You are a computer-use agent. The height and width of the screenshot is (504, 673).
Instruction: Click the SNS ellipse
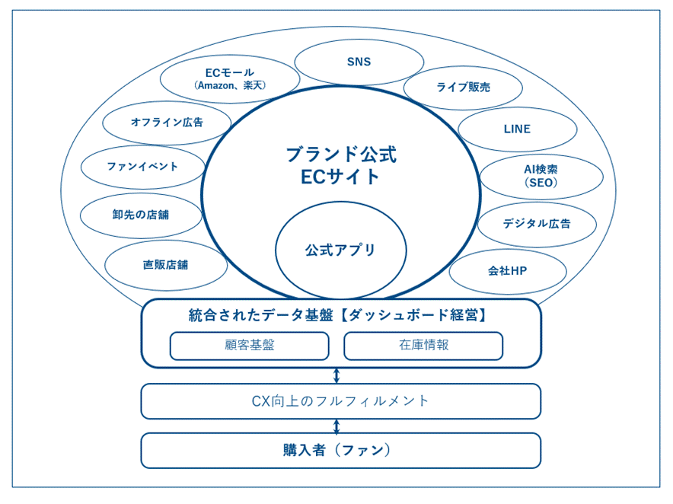(x=359, y=62)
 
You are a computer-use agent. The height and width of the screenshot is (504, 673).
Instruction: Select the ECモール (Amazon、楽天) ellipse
(x=229, y=79)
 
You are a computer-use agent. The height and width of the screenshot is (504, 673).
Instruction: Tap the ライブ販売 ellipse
(x=463, y=88)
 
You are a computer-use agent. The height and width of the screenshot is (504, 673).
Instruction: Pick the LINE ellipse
(x=517, y=129)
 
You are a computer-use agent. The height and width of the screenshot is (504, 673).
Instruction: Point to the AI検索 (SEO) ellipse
(x=541, y=177)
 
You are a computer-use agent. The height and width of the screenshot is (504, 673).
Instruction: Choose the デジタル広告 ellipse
(x=537, y=224)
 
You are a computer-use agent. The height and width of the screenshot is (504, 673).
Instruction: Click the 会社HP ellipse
(x=507, y=271)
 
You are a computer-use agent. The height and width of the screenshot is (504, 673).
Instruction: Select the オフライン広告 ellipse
(x=167, y=123)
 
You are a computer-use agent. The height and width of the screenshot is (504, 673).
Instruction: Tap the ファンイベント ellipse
(x=142, y=167)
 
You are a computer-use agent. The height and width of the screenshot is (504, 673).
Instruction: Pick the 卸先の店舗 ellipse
(x=141, y=215)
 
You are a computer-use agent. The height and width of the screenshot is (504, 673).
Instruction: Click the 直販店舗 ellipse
(x=165, y=265)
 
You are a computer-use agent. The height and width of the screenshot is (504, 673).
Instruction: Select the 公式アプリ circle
(x=340, y=250)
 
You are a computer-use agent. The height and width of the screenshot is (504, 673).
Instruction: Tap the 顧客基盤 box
(x=249, y=346)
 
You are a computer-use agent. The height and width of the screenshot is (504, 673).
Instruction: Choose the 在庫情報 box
(x=423, y=346)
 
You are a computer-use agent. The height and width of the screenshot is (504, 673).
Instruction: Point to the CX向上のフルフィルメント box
(x=340, y=401)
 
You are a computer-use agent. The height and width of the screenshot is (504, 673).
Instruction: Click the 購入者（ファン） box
(x=340, y=451)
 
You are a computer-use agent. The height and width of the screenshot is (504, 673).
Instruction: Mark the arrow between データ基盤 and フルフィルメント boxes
(x=336, y=375)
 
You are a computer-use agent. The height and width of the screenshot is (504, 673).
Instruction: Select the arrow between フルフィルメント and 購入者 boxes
(x=336, y=426)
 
